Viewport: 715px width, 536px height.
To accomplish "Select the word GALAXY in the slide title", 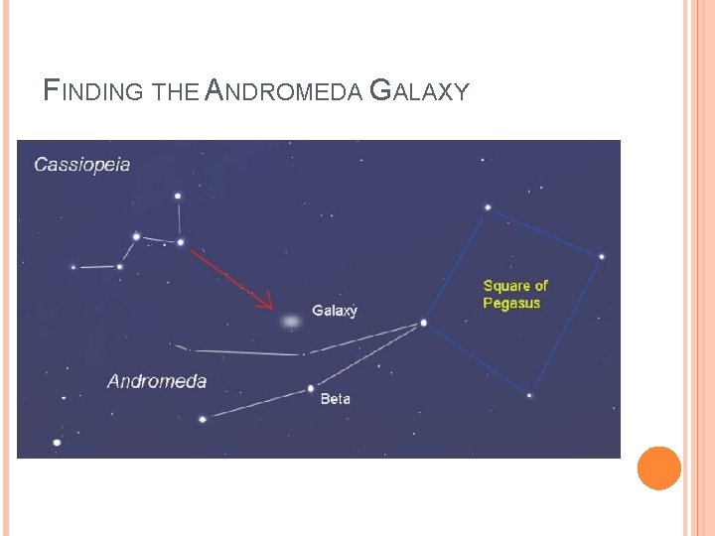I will pos(418,92).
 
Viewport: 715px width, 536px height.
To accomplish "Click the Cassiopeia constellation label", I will pos(82,165).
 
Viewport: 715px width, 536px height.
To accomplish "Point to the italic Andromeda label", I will pos(157,381).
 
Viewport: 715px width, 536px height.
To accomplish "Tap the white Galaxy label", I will pos(335,311).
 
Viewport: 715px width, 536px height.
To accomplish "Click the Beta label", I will pos(335,399).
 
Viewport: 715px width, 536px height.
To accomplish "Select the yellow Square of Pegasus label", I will pos(514,294).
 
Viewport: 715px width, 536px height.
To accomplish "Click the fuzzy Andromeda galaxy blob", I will pos(290,322).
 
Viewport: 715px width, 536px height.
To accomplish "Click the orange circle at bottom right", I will pos(658,468).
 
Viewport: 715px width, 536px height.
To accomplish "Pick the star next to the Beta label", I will pos(311,388).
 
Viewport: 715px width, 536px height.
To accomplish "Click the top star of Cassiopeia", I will pos(178,196).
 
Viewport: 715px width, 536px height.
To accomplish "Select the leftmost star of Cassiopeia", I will pos(72,267).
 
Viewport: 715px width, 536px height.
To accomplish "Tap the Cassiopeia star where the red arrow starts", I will pos(181,241).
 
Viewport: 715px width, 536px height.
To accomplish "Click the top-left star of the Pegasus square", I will pos(488,207).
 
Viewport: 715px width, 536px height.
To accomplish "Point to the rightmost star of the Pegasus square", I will pos(601,257).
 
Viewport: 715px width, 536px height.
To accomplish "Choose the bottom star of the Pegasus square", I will pos(529,395).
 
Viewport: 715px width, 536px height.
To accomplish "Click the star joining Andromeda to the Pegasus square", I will pos(424,323).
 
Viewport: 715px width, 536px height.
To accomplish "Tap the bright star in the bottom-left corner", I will pos(57,442).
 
